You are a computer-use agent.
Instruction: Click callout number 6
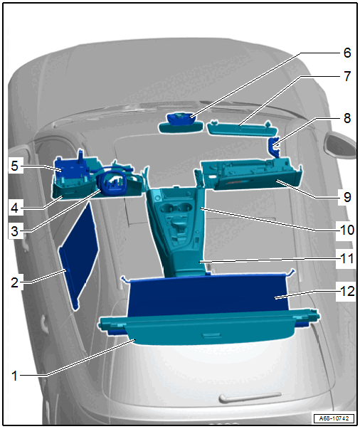pyautogui.click(x=347, y=53)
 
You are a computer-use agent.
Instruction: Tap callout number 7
pyautogui.click(x=347, y=76)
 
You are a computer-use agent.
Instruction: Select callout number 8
pyautogui.click(x=347, y=118)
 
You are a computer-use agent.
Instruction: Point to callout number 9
pyautogui.click(x=347, y=197)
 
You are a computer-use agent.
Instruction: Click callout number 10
pyautogui.click(x=347, y=230)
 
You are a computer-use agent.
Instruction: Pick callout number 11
pyautogui.click(x=347, y=258)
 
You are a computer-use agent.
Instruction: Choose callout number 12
pyautogui.click(x=347, y=291)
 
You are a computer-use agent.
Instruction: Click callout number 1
pyautogui.click(x=15, y=376)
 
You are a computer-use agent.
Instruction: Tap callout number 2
pyautogui.click(x=15, y=282)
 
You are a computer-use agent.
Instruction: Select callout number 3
pyautogui.click(x=15, y=231)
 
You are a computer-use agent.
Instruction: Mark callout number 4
pyautogui.click(x=15, y=208)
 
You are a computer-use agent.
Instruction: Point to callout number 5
pyautogui.click(x=15, y=166)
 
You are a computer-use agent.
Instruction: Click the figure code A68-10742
pyautogui.click(x=334, y=418)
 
